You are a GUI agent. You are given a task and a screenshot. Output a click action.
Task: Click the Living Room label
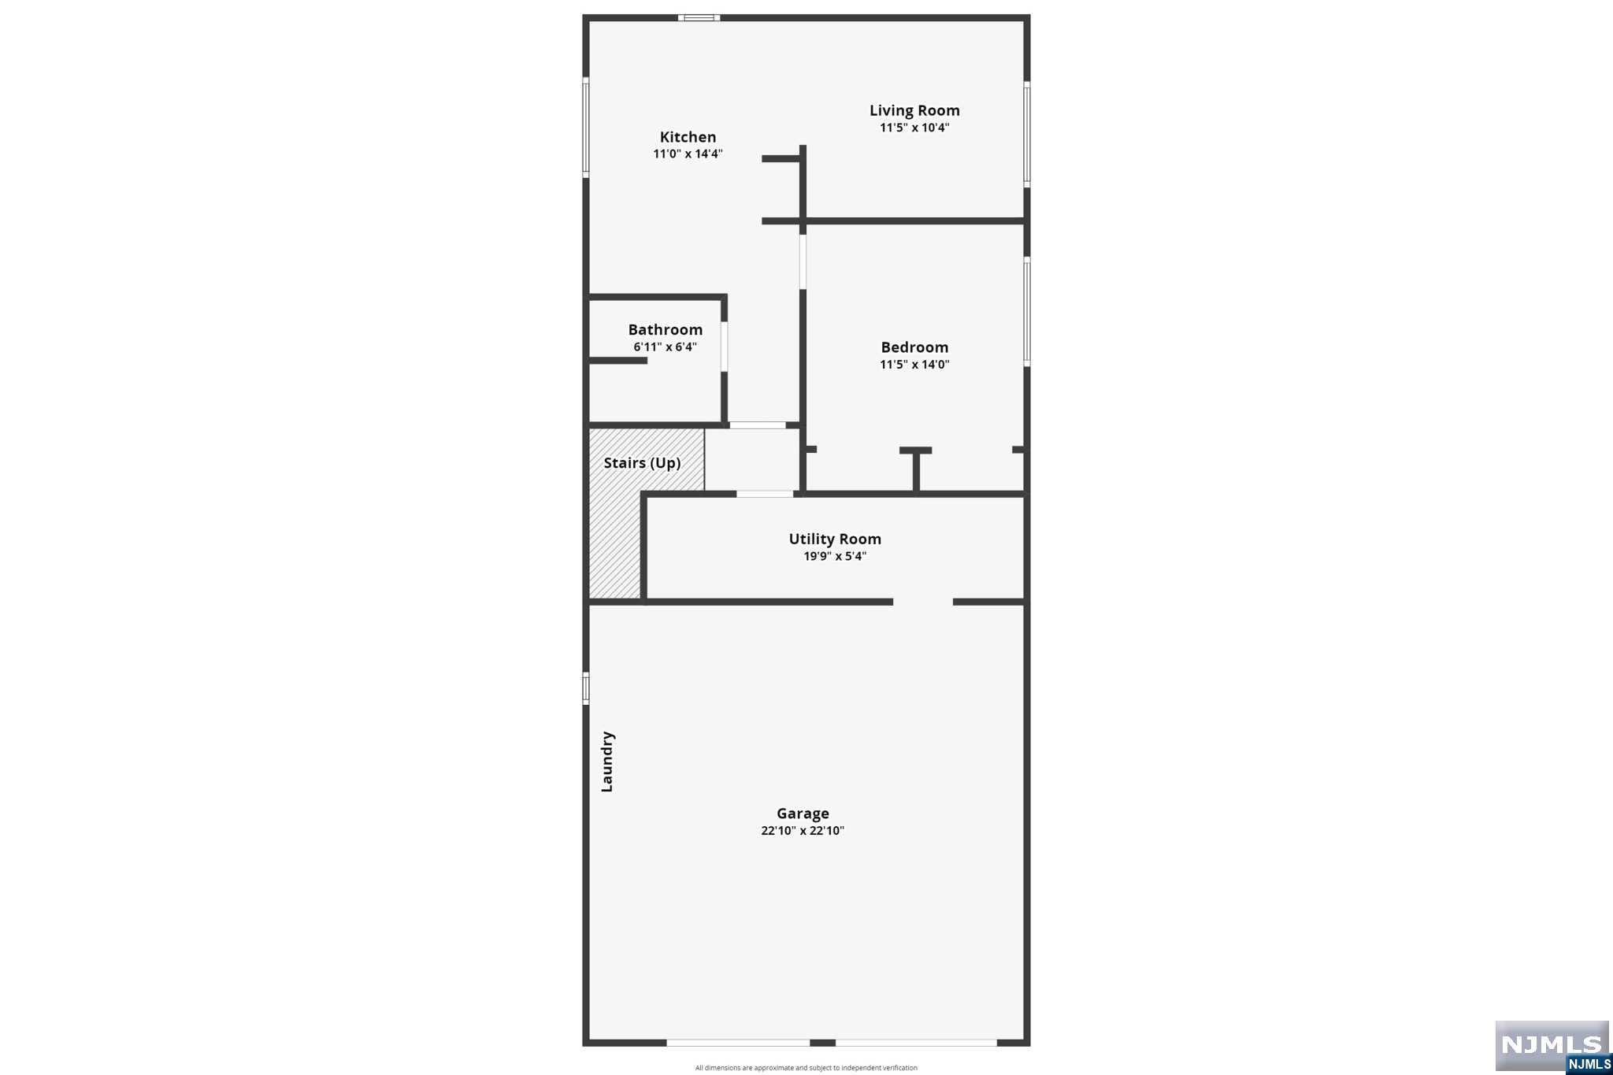click(x=914, y=111)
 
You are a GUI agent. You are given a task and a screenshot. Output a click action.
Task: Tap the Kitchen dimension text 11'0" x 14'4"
click(x=688, y=154)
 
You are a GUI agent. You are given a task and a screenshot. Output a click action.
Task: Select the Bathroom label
click(x=666, y=330)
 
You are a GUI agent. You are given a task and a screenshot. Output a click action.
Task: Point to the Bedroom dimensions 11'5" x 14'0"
click(x=914, y=365)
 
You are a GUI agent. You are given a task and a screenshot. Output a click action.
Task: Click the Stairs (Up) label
click(x=642, y=463)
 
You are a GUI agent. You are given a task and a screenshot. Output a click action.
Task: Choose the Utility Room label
click(x=835, y=539)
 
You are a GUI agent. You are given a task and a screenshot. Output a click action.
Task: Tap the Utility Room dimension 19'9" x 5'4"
click(x=835, y=556)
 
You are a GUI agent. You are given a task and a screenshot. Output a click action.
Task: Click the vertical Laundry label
click(x=607, y=762)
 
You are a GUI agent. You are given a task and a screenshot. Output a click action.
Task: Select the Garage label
click(x=803, y=814)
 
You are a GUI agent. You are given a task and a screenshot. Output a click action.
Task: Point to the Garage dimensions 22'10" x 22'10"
click(x=803, y=831)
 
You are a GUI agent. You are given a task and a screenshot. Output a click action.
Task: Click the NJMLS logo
click(x=1552, y=1047)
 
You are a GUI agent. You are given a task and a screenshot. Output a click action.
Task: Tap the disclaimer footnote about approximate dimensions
click(x=806, y=1068)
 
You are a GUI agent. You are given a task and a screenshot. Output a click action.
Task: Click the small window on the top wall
click(x=699, y=17)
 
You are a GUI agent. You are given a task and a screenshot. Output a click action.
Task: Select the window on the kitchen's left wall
click(x=586, y=127)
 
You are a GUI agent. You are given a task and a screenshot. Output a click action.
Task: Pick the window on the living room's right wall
click(x=1027, y=134)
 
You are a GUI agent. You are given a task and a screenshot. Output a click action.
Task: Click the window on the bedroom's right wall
click(x=1027, y=311)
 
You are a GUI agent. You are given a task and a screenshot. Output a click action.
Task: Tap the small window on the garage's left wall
click(x=586, y=688)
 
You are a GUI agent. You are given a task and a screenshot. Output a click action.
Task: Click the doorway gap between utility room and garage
click(x=923, y=602)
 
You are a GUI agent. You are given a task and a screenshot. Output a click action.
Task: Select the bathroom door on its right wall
click(x=724, y=346)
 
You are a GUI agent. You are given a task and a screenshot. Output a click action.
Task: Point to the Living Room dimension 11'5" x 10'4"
click(x=914, y=128)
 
